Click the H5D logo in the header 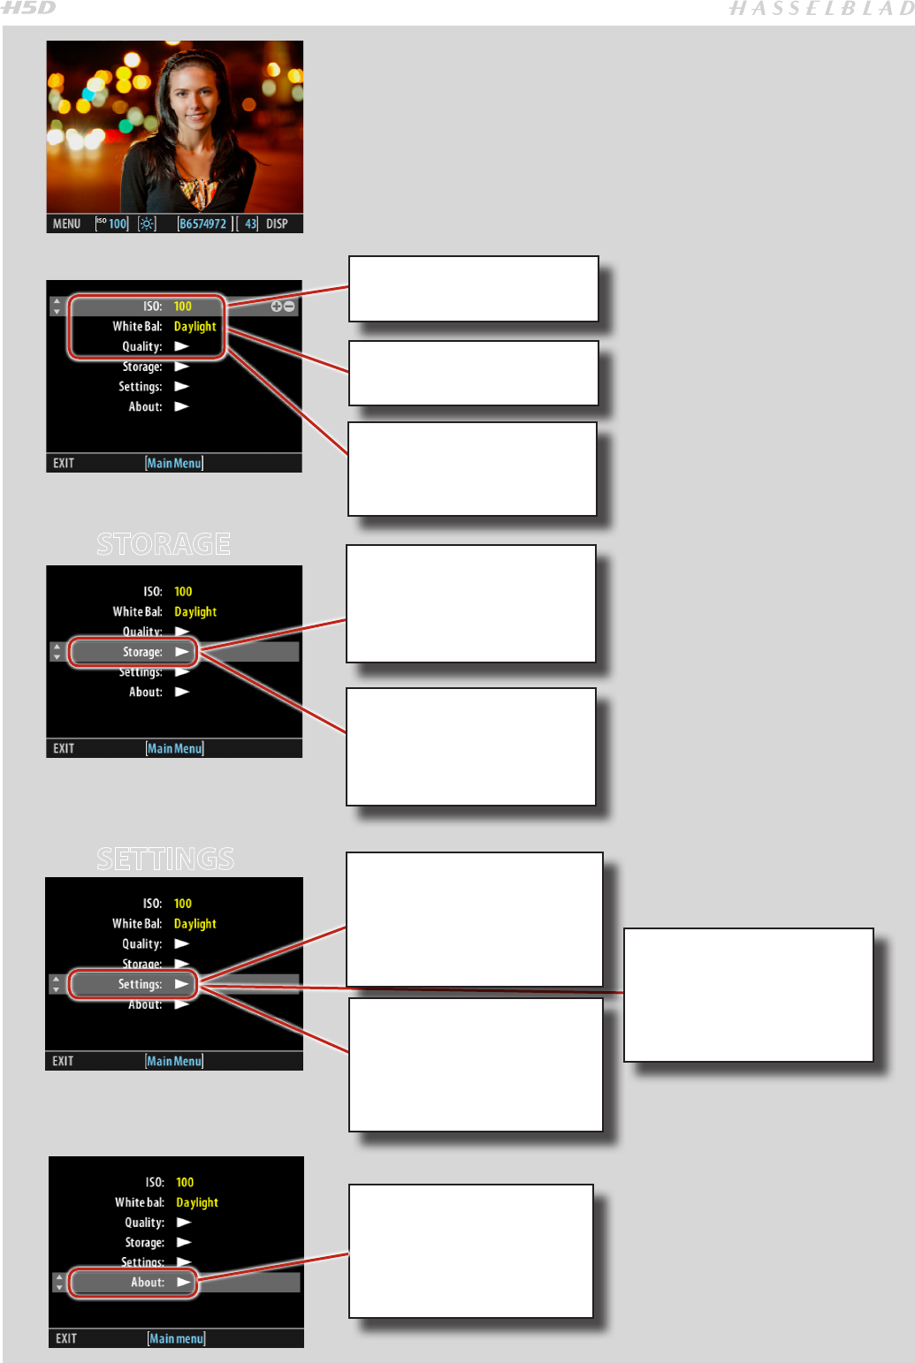click(28, 9)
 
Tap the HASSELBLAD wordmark click(820, 10)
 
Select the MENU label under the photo click(66, 224)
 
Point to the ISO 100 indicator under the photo click(112, 224)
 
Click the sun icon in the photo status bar click(147, 224)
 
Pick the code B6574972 click(202, 224)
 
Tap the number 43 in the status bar click(250, 224)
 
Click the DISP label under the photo click(277, 224)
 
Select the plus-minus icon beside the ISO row click(283, 307)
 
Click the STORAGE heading click(164, 544)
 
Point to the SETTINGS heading click(165, 859)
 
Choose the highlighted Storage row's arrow click(182, 652)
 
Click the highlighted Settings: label click(140, 984)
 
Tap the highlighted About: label click(147, 1283)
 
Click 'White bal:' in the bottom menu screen click(139, 1202)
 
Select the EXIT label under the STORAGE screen click(64, 748)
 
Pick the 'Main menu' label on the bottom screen click(176, 1339)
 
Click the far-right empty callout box click(748, 995)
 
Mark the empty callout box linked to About click(470, 1251)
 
